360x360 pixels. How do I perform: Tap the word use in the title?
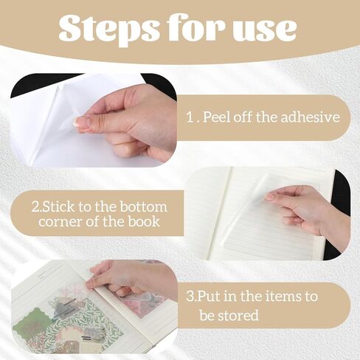tap(264, 30)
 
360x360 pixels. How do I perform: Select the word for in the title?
tap(195, 27)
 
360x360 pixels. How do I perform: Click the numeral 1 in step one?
tap(190, 117)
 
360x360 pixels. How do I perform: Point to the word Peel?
tap(217, 117)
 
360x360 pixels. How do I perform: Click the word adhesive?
tap(311, 117)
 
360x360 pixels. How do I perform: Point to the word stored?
tap(241, 315)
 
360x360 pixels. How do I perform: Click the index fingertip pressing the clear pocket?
tap(271, 196)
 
